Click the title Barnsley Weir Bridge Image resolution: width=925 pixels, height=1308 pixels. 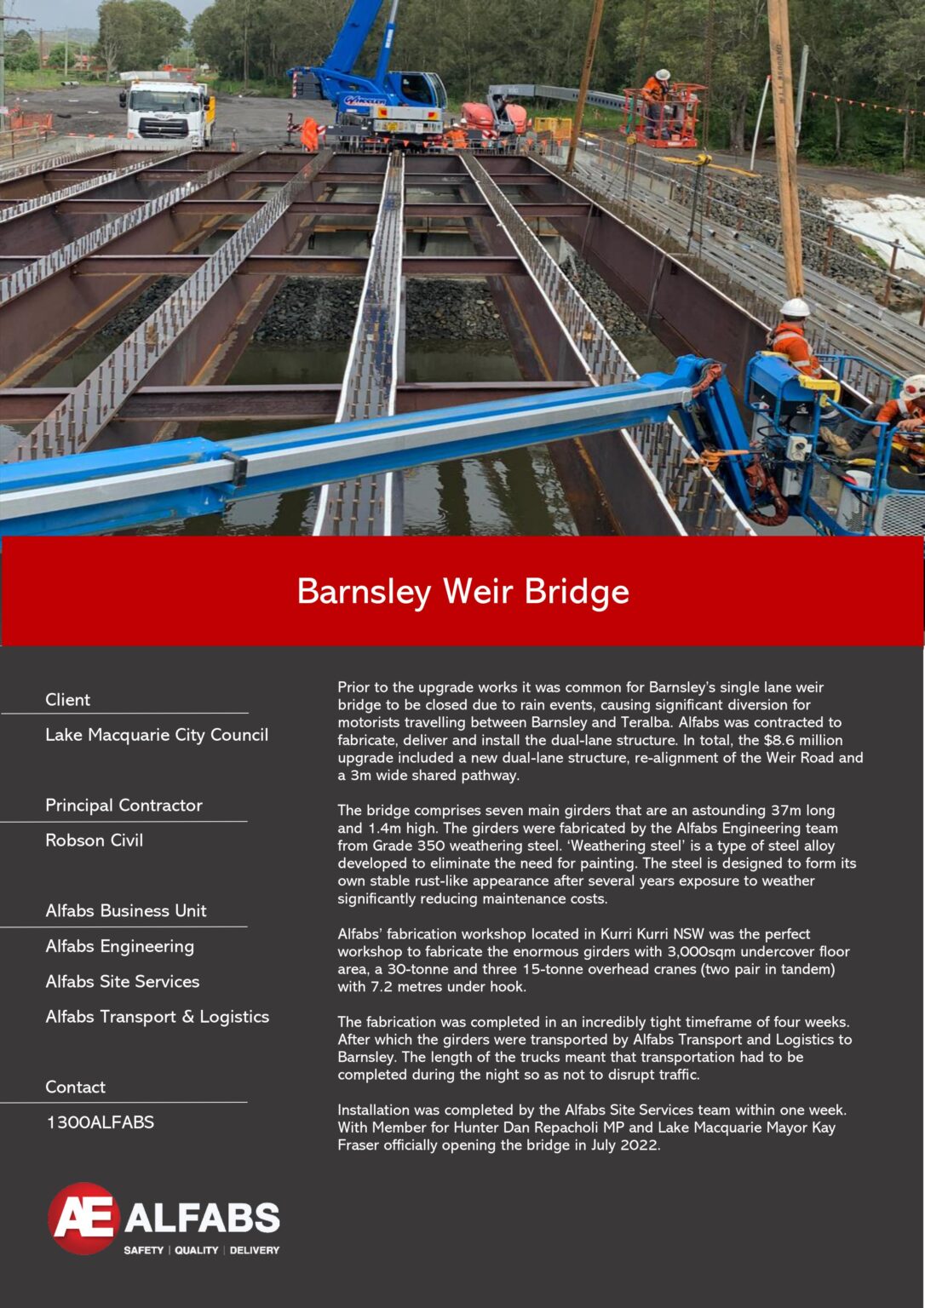tap(462, 591)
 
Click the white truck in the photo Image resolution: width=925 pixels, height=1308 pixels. tap(167, 112)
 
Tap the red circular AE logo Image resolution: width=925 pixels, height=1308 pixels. tap(83, 1218)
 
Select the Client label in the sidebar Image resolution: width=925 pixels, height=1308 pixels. tap(67, 699)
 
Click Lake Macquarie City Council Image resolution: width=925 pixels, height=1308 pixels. tap(157, 735)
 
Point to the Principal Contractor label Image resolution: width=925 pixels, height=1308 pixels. tap(124, 805)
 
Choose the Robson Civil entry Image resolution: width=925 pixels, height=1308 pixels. tap(94, 840)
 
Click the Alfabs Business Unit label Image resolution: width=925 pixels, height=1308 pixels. tap(126, 910)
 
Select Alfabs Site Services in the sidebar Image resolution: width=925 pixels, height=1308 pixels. tap(123, 982)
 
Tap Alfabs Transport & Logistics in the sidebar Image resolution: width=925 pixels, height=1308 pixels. tap(158, 1017)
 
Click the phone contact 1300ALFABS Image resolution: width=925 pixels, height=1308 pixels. tap(100, 1122)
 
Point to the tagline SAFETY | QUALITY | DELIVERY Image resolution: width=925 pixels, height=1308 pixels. tap(201, 1250)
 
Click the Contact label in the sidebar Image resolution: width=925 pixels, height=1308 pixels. tap(75, 1087)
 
